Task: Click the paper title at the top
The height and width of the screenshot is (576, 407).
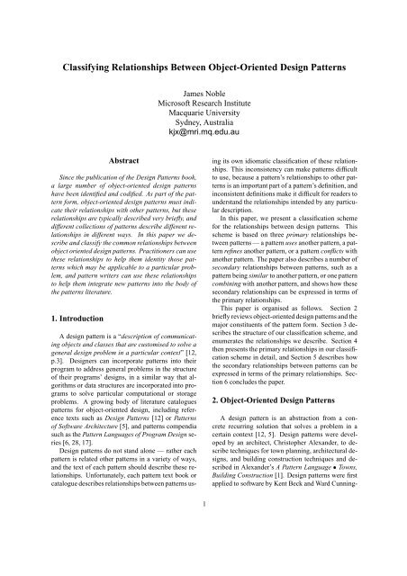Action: click(203, 67)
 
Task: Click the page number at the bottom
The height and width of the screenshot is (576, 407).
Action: click(203, 555)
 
